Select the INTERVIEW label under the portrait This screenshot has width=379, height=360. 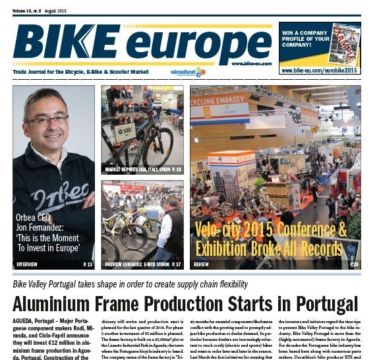click(x=27, y=264)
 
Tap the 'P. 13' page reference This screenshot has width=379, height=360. click(x=87, y=264)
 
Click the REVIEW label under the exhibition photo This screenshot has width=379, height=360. click(x=202, y=264)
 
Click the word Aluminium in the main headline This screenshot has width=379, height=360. click(x=59, y=305)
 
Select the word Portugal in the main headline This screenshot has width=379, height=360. click(x=319, y=305)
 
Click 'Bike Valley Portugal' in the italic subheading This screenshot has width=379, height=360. click(x=50, y=285)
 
